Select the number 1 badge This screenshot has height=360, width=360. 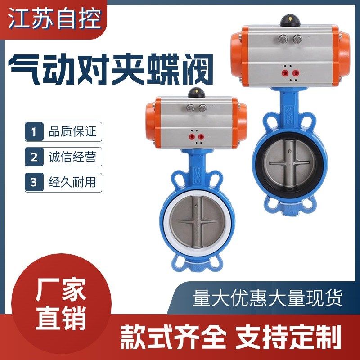coord(34,132)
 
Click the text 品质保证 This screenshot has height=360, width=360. coord(72,132)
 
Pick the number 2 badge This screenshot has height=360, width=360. coord(34,157)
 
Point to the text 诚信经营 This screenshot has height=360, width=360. coord(72,157)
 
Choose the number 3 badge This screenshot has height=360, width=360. coord(34,183)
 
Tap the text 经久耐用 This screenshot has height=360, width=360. coord(72,183)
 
